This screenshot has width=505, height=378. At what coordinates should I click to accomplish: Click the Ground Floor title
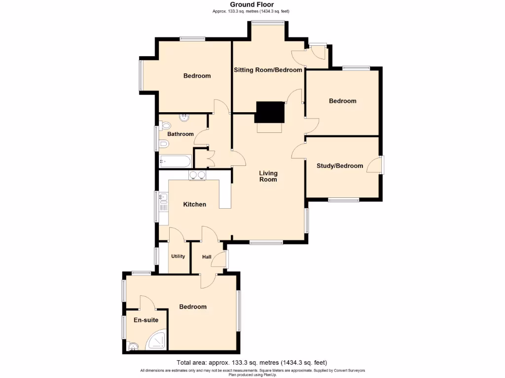point(252,5)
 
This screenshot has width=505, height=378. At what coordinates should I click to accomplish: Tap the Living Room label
point(269,176)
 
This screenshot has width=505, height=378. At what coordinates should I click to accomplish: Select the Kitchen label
point(195,204)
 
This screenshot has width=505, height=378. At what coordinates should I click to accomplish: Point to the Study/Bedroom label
point(340,166)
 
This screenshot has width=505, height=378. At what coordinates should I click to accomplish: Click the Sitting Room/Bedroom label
point(268,70)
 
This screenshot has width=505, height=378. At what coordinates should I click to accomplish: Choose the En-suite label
point(146,320)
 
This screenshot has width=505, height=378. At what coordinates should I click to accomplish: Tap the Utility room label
point(178,256)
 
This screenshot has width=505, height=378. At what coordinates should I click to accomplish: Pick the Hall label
point(207,257)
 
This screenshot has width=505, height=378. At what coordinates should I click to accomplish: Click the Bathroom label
point(180,134)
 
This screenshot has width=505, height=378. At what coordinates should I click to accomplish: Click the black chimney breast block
point(270,112)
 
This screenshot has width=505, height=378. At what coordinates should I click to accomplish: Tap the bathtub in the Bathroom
point(175,160)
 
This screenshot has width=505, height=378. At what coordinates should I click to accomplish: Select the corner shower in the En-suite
point(158,341)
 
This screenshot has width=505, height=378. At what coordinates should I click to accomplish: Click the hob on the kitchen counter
point(198,175)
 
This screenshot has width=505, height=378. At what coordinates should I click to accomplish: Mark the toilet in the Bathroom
point(164,144)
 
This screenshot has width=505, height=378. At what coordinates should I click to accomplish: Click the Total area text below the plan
point(252,362)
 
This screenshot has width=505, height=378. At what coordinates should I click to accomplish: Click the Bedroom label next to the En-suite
point(193,307)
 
